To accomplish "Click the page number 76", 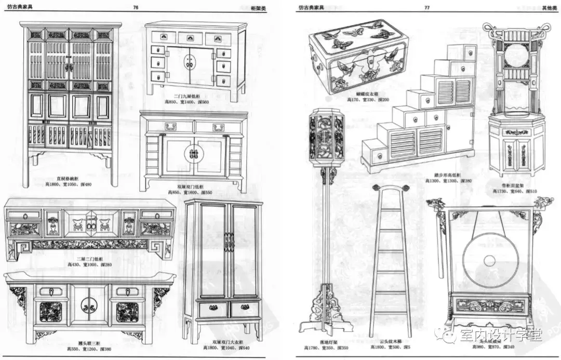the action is [136, 8].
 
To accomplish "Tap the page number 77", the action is [426, 8].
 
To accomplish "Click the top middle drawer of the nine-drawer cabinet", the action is [190, 38].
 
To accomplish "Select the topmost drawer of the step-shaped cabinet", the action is [470, 52].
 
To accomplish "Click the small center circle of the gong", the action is [490, 259].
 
